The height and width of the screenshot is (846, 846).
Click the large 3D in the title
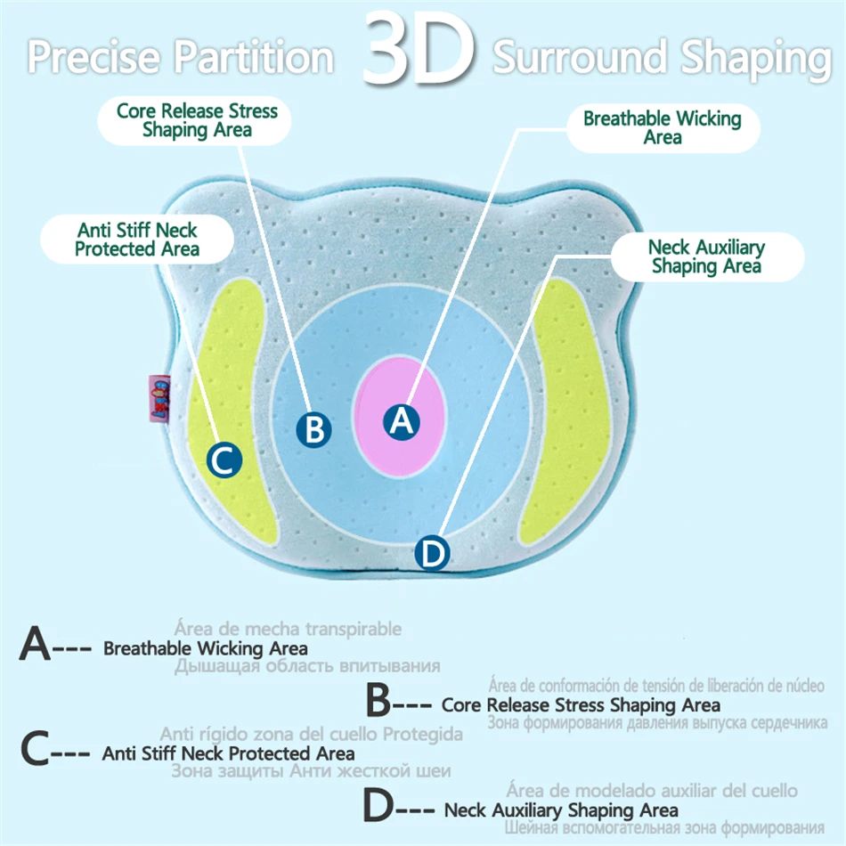417,52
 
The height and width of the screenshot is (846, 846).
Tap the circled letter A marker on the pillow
402,420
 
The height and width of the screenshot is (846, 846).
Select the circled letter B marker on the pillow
313,429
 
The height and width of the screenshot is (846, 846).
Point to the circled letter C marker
224,460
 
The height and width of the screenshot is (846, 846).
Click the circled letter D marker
432,554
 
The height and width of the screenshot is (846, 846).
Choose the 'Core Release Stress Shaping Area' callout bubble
197,121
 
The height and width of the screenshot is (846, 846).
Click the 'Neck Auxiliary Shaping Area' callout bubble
706,256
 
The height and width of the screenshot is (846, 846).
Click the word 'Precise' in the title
95,57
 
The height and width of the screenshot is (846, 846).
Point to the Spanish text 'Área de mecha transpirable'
288,630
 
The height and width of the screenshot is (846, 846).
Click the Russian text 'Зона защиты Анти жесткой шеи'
311,771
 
